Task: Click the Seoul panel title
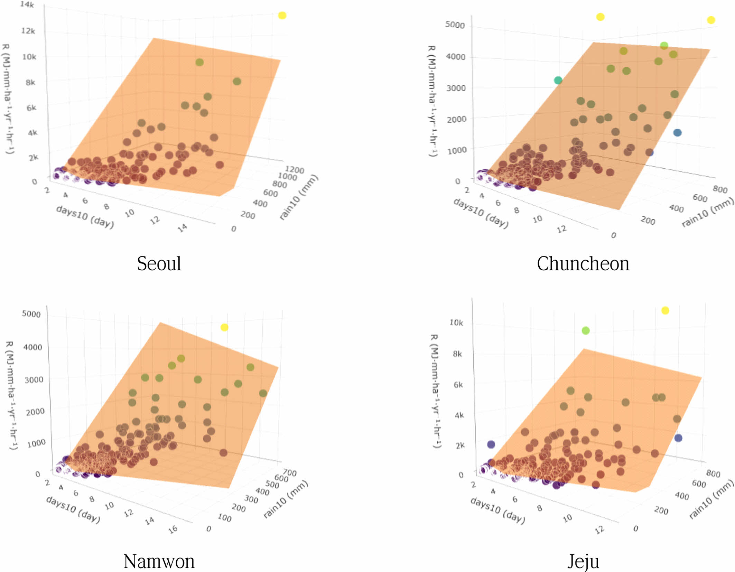coord(159,264)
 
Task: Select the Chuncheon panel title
coord(583,264)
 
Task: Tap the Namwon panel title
coord(159,561)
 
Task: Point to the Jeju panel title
coord(583,561)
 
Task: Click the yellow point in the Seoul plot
coord(282,16)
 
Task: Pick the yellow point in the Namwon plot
coord(224,327)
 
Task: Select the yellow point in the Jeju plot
coord(665,310)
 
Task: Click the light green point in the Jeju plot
coord(586,331)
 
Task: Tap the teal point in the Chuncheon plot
coord(558,81)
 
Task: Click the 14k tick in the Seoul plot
coord(27,5)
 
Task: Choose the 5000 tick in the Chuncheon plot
coord(455,25)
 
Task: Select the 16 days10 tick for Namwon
coord(173,529)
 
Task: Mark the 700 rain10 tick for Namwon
coord(290,472)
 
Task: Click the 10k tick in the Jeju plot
coord(456,322)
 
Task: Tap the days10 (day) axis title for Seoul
coord(85,217)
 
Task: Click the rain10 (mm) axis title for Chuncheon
coord(707,212)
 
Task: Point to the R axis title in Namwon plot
coord(11,395)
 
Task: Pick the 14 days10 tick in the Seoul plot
coord(183,227)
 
